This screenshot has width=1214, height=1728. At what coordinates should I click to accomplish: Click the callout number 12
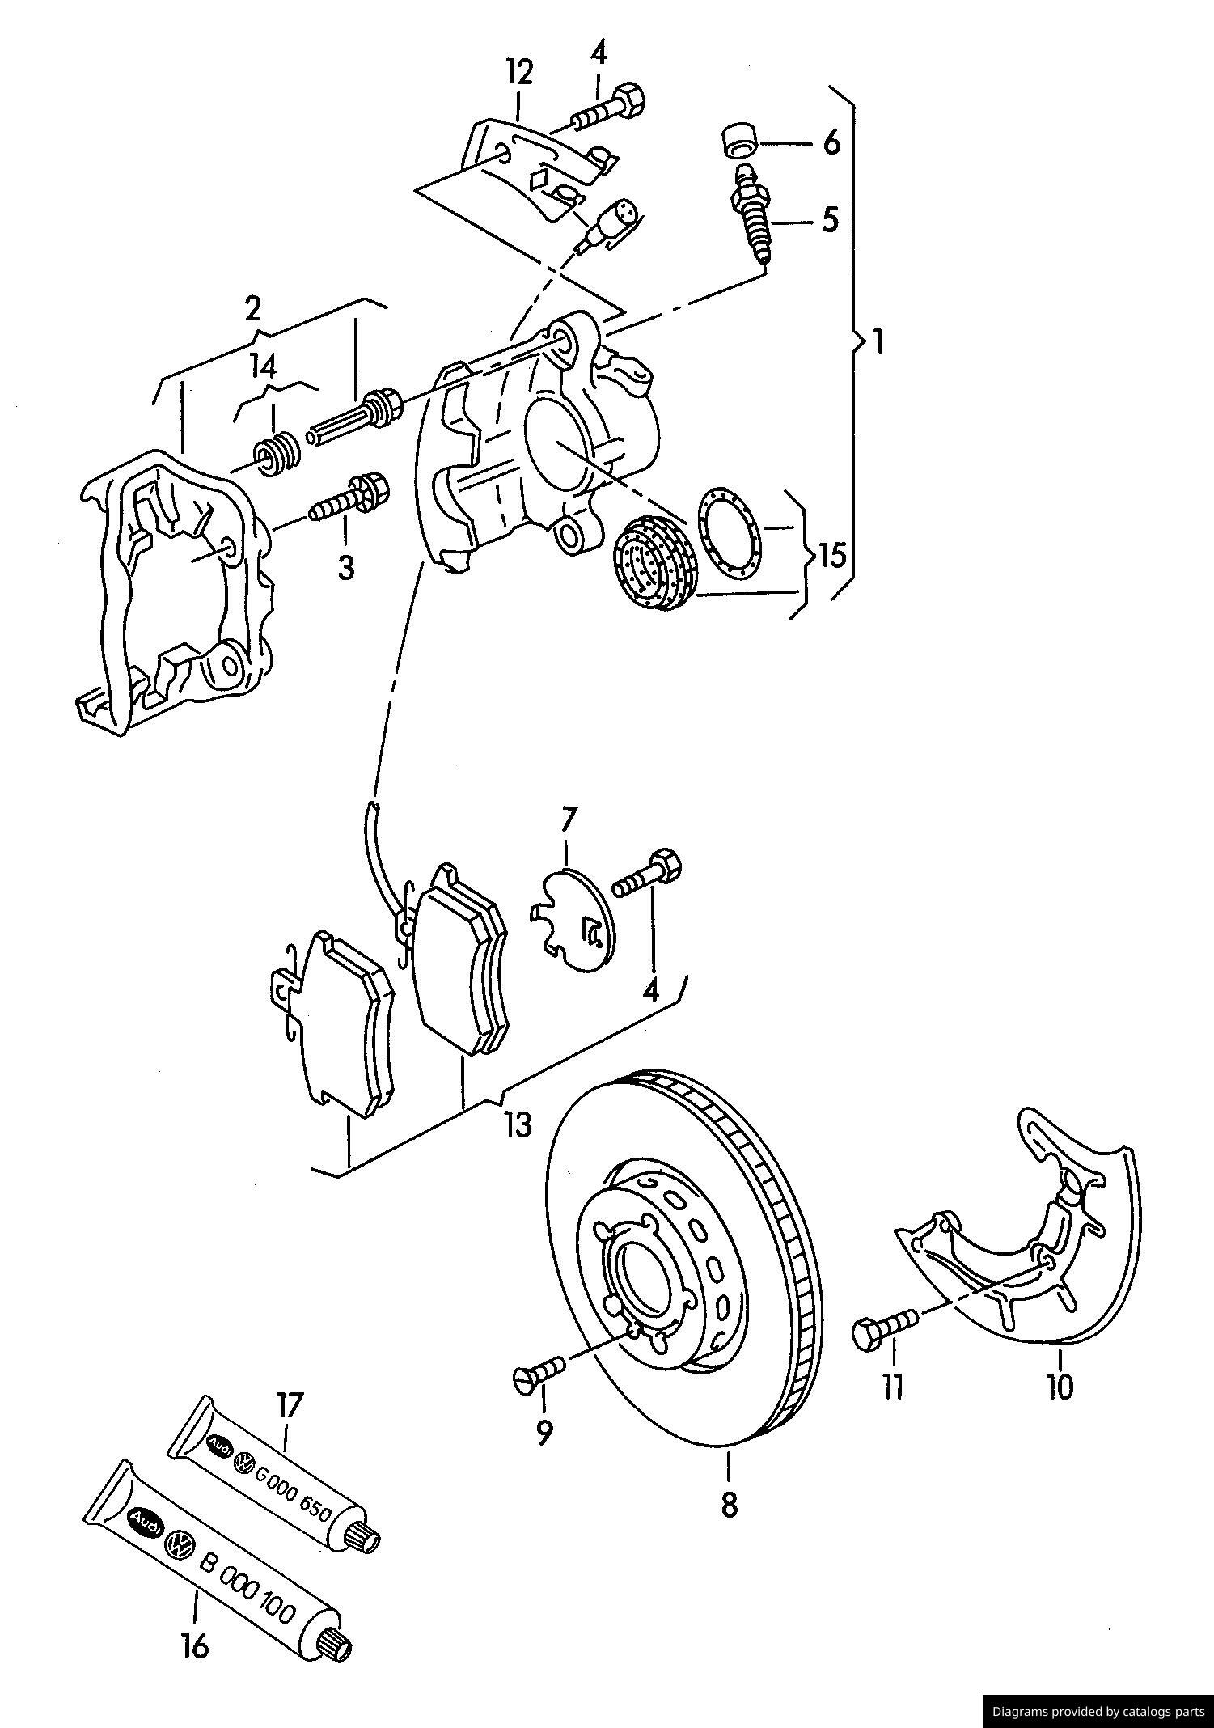[x=521, y=73]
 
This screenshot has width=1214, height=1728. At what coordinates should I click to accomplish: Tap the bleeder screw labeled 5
[x=753, y=217]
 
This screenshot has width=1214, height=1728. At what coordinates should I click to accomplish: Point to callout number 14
[x=263, y=367]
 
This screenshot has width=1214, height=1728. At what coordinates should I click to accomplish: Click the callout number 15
[x=832, y=555]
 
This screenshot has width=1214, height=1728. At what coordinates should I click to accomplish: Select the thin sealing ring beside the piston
[x=727, y=534]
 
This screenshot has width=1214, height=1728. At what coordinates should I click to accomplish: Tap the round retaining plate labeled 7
[x=576, y=919]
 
